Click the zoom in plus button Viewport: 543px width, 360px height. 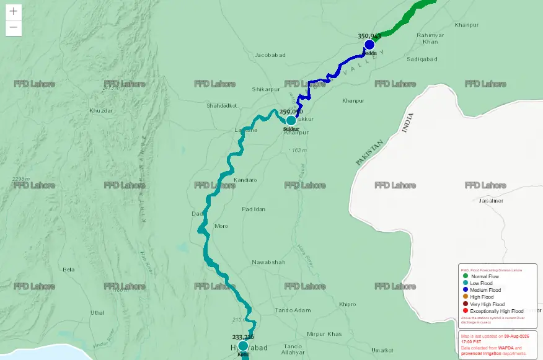pos(14,11)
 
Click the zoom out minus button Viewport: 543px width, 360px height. pos(14,28)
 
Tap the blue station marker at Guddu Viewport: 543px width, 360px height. pos(369,45)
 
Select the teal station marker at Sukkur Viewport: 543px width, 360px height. pos(291,120)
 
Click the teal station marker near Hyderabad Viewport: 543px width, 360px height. pos(243,346)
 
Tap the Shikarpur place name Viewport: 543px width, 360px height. pos(267,89)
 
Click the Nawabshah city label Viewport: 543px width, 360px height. pos(268,262)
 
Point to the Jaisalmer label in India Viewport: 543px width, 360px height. pos(491,201)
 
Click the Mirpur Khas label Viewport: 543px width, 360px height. pos(324,333)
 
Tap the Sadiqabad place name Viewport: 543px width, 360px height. pos(422,59)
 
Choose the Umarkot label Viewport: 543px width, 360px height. pos(382,350)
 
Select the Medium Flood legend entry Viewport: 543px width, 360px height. pos(485,290)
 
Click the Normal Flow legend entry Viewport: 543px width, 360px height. pos(485,276)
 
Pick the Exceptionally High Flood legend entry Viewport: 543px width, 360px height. pos(496,311)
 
